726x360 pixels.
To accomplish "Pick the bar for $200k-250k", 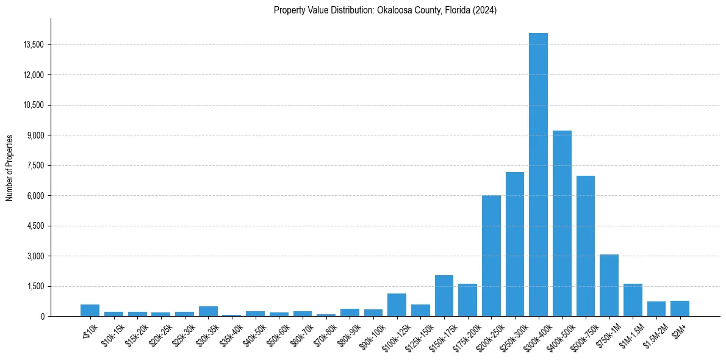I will pos(491,256).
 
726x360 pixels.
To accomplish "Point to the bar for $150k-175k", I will pos(444,296).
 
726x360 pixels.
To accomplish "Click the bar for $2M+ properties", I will pos(680,309).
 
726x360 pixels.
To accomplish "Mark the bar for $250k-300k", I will pos(515,244).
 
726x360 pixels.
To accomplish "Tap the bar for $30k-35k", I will pos(208,311).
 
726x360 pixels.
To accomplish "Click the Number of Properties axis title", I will pos(9,167).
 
